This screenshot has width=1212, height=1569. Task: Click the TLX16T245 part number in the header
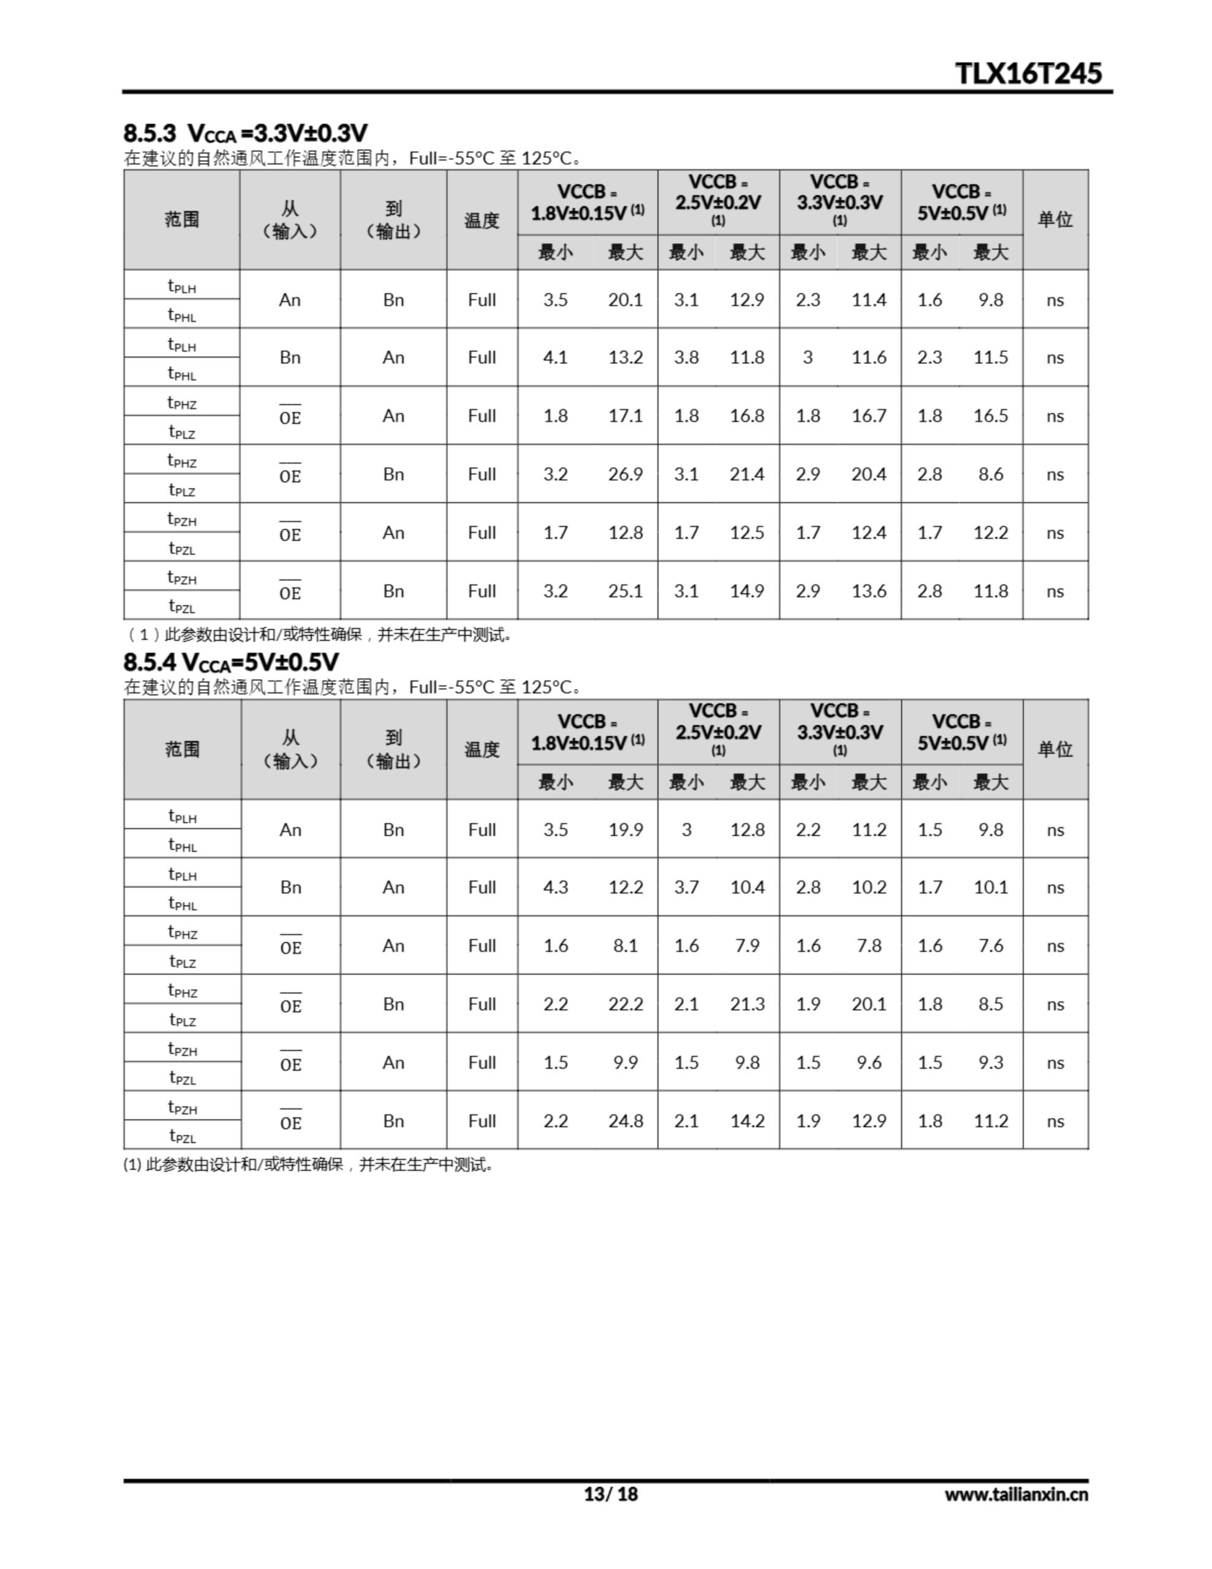[1028, 74]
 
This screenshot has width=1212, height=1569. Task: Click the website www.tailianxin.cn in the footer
[1016, 1494]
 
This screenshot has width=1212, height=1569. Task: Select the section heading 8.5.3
[245, 133]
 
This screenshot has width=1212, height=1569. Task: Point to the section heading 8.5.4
[230, 662]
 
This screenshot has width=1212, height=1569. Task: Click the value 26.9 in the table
[625, 474]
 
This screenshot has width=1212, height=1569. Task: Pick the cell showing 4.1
[555, 357]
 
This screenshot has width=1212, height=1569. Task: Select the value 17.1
[625, 416]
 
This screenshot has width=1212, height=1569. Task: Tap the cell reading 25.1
[625, 591]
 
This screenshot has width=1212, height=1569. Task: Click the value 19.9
[625, 830]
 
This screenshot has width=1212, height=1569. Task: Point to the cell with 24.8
[625, 1121]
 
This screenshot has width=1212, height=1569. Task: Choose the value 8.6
[990, 474]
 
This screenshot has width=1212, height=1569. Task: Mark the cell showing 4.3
[555, 887]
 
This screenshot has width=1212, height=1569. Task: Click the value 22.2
[625, 1004]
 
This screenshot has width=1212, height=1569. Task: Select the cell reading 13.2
[625, 357]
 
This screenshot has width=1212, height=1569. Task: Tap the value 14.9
[746, 591]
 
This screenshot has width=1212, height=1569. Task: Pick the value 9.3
[990, 1063]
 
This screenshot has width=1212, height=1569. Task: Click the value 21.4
[746, 474]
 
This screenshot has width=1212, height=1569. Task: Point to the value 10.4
[746, 887]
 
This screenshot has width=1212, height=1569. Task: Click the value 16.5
[990, 416]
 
